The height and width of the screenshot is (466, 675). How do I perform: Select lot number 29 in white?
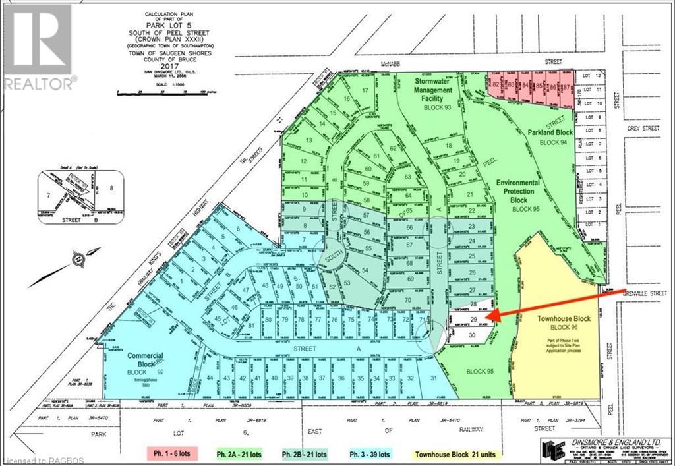pos(474,320)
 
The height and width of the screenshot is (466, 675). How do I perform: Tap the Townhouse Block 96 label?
pos(562,322)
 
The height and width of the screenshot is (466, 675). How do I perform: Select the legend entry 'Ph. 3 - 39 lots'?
pos(366,453)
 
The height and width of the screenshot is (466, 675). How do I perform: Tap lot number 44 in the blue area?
pos(210,378)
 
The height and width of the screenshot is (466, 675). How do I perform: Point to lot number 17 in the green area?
pos(365,90)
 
